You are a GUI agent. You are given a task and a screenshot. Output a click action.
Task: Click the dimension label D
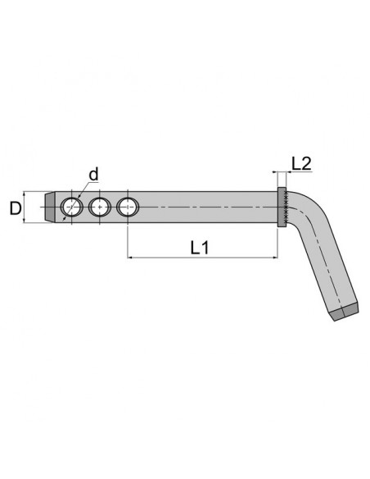tap(16, 208)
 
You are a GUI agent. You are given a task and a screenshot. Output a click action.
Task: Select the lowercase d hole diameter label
tap(93, 175)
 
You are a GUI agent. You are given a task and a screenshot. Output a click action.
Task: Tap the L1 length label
tap(200, 248)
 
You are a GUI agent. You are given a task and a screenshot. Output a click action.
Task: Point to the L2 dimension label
tap(301, 164)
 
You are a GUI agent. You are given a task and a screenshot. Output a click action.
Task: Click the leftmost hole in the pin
tap(72, 207)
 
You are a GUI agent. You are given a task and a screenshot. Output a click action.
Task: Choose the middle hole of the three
tap(99, 207)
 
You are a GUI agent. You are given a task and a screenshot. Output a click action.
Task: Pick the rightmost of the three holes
tap(128, 207)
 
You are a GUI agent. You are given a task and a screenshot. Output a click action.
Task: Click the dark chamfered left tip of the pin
tap(50, 207)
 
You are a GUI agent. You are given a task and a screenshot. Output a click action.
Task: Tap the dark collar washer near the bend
tap(282, 208)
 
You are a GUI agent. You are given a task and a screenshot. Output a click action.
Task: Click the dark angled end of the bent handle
tap(345, 312)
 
